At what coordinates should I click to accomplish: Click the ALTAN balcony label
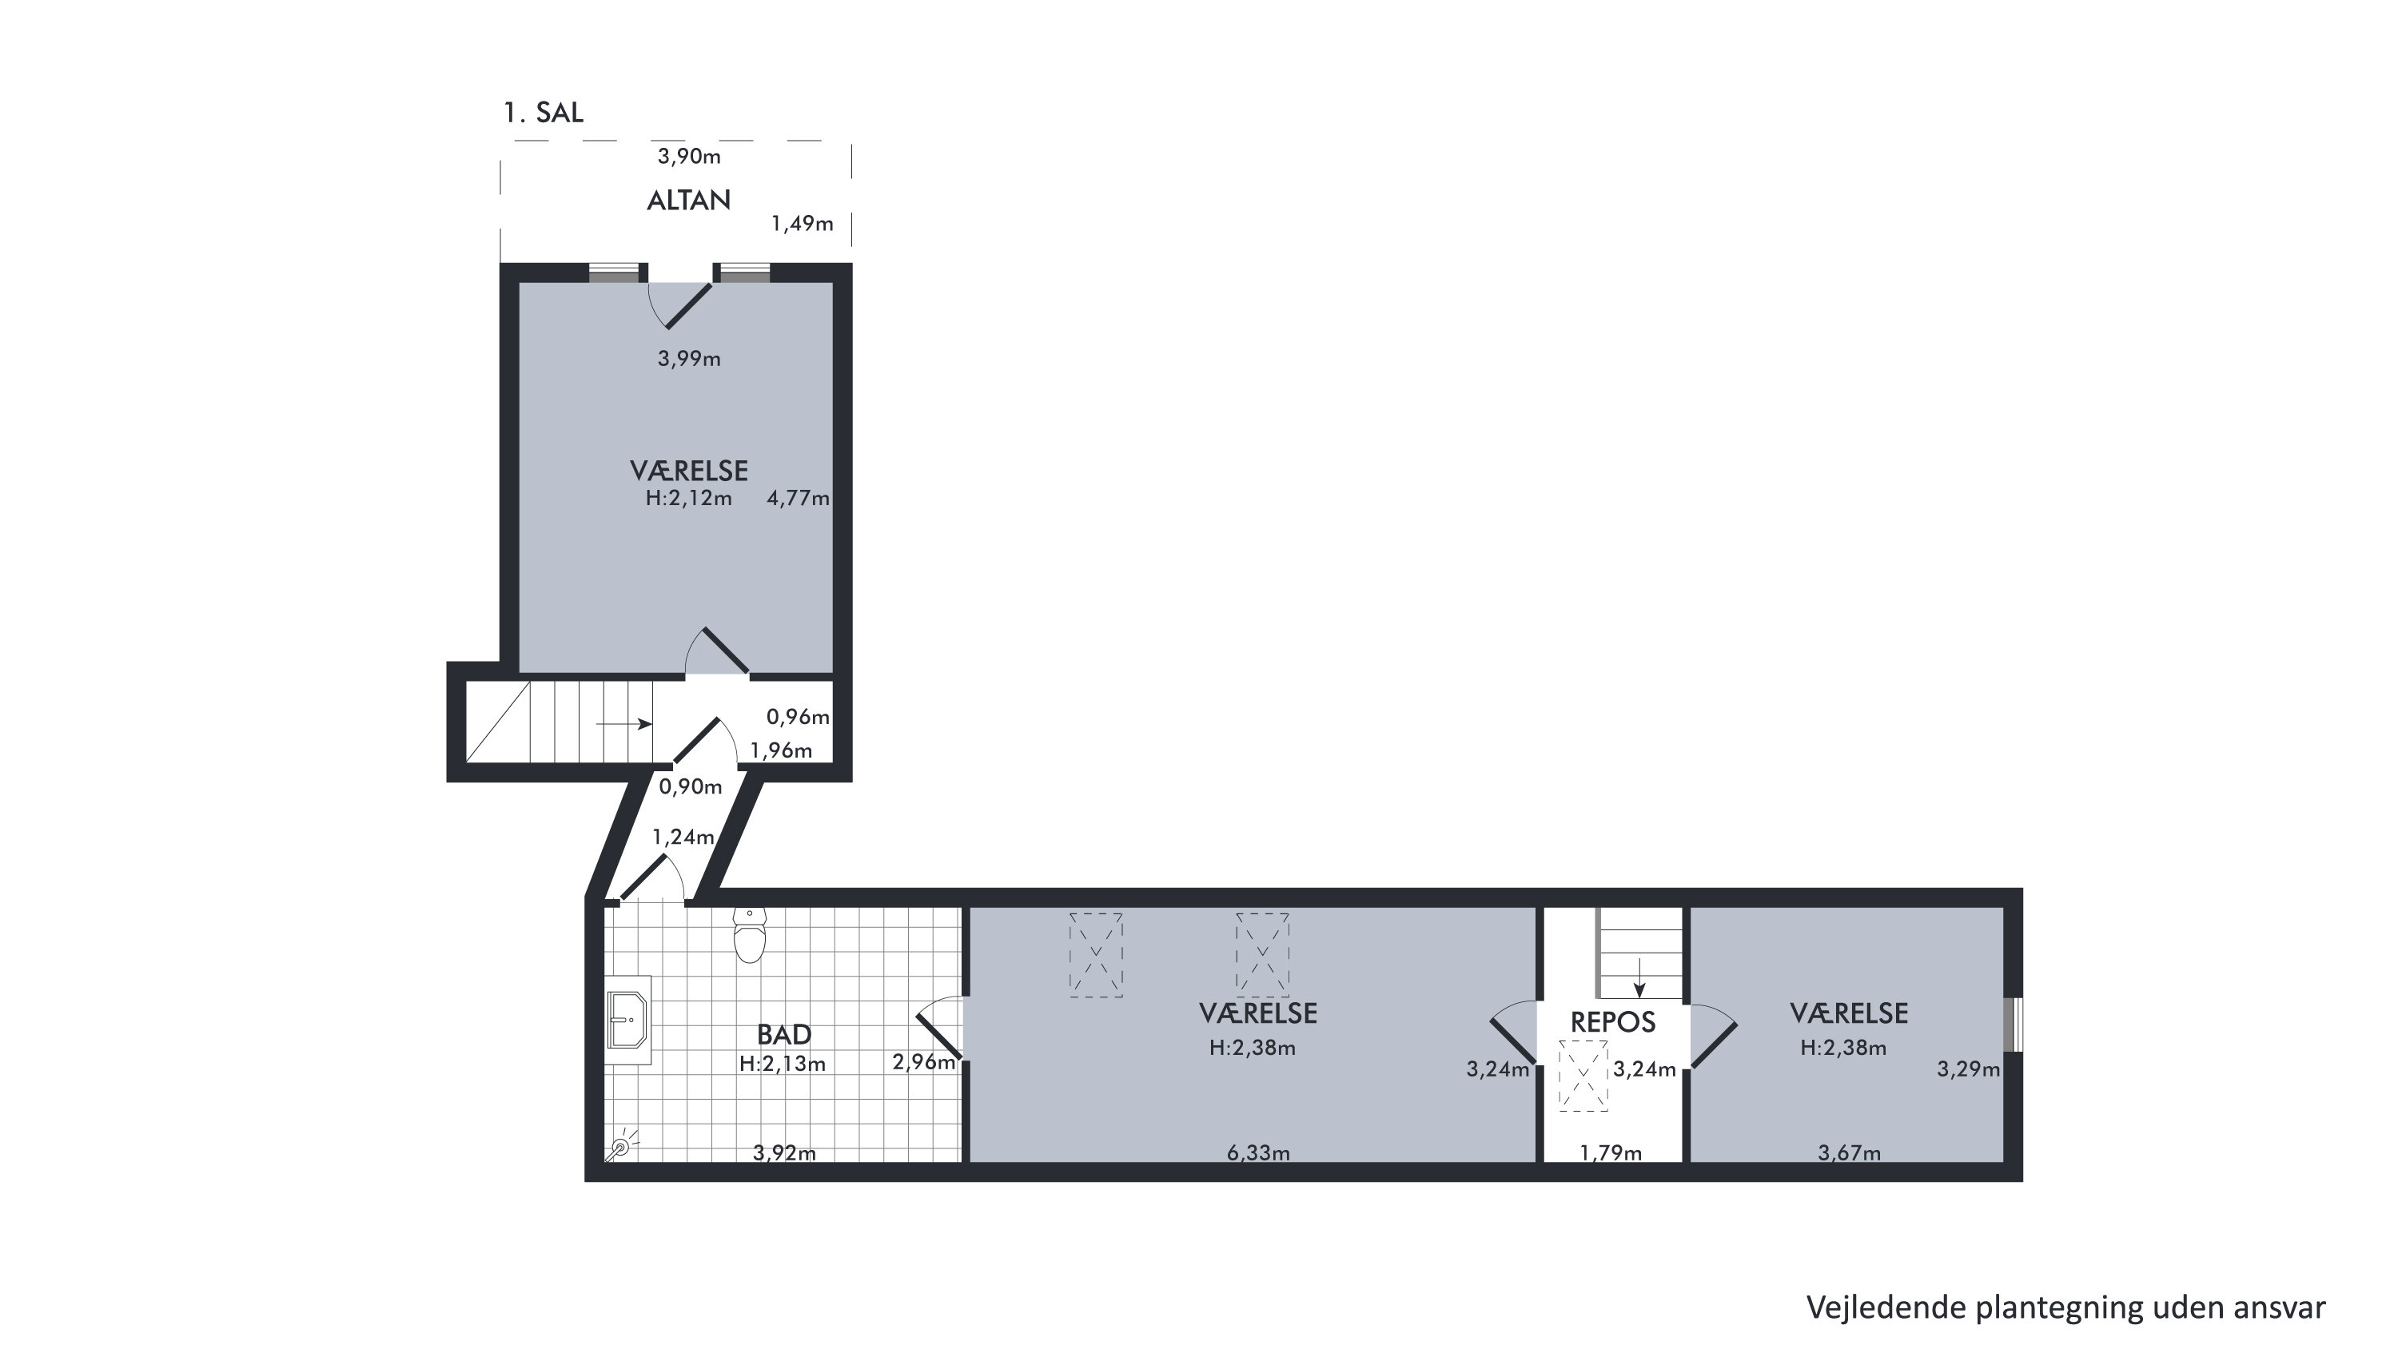689,200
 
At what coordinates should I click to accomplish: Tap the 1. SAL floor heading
544,113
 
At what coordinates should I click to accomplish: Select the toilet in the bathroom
750,935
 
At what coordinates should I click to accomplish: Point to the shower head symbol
621,1147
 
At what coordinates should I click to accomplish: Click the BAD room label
784,1034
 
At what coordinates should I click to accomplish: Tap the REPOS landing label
1613,1022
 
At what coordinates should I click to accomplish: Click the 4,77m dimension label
798,499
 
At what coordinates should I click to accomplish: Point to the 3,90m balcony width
689,157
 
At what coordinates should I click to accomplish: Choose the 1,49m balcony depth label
803,225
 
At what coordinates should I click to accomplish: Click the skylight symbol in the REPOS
1583,1076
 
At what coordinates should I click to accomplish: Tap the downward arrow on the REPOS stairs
1639,977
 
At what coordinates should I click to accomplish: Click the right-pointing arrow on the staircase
623,723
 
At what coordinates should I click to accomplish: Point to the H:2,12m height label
689,499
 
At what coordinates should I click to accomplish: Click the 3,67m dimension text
1850,1153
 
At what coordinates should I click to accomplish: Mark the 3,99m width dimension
689,360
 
